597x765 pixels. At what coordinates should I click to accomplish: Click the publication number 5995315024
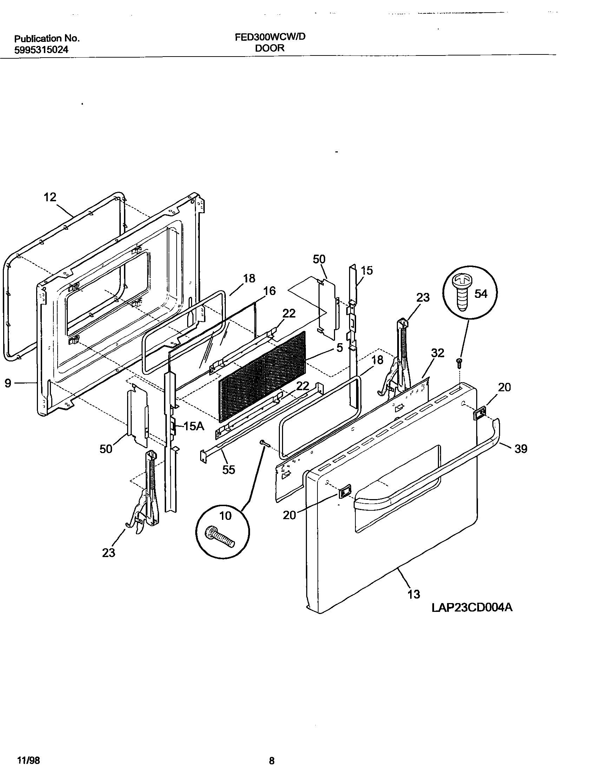pos(41,50)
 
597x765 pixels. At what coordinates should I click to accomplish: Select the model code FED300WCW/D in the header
pos(270,37)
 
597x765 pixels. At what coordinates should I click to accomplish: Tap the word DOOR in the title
pos(269,48)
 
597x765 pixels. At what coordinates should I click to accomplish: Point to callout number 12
pos(50,197)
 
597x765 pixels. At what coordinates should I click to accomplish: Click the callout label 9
pos(8,383)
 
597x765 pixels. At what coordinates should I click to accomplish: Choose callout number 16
pos(269,291)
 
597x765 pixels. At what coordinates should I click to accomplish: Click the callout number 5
pos(339,348)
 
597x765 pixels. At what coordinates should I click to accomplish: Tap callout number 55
pos(229,470)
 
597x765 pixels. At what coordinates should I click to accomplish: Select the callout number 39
pos(521,449)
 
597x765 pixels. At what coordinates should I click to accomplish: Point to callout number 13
pos(414,594)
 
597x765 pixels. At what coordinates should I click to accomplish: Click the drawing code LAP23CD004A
pos(472,607)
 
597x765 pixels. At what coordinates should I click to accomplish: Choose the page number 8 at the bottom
pos(271,758)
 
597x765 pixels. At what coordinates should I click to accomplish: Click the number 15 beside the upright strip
pos(367,270)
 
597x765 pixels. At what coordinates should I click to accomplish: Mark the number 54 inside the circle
pos(481,294)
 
